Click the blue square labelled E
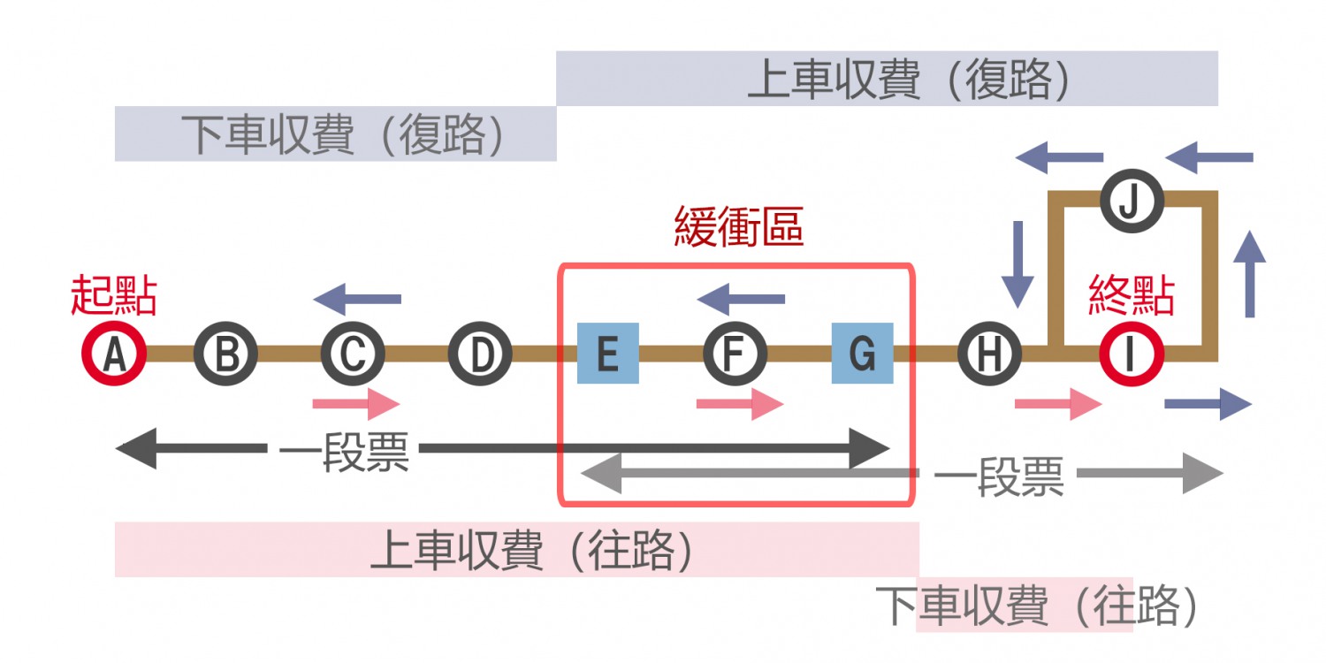607,354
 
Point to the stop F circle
735,354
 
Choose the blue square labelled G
862,354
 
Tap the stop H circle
989,354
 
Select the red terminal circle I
1132,354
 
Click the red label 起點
113,296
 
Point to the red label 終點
1132,296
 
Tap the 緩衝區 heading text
738,226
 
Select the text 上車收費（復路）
911,80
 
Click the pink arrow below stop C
356,405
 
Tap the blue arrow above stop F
741,299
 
